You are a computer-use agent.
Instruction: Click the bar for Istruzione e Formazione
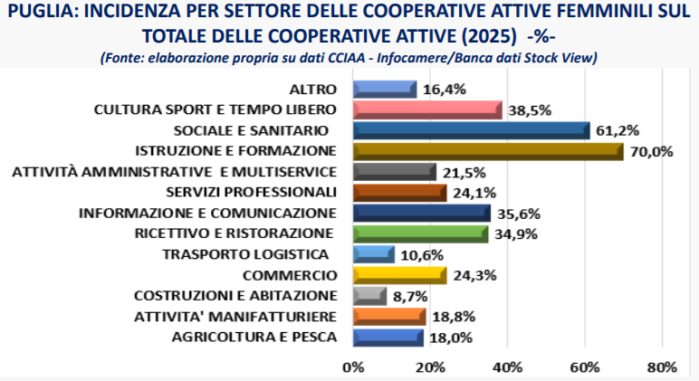click(487, 150)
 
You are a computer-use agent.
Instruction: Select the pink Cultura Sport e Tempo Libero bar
click(426, 110)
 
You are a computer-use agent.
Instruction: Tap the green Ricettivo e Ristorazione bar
click(420, 233)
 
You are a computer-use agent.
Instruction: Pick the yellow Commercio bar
click(399, 275)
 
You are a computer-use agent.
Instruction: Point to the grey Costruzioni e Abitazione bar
click(369, 296)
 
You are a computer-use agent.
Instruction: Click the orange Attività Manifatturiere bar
click(388, 317)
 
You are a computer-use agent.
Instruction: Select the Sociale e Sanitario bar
click(471, 130)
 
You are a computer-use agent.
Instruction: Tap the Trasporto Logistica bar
click(373, 254)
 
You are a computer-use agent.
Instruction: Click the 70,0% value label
click(652, 151)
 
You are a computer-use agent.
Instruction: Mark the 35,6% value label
click(518, 214)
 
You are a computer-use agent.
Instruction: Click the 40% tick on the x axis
click(507, 367)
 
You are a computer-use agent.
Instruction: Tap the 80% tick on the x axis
click(662, 367)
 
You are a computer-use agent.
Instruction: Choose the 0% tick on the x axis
click(352, 367)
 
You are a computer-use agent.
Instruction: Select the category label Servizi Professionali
click(252, 192)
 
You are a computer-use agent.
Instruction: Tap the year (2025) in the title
click(491, 36)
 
